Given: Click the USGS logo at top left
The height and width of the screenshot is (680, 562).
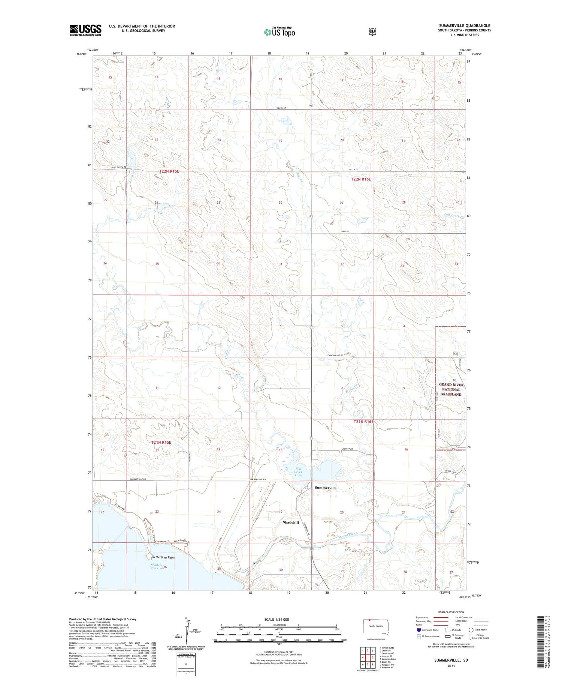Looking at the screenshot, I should click(85, 30).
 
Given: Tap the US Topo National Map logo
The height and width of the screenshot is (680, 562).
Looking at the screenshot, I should click(279, 32).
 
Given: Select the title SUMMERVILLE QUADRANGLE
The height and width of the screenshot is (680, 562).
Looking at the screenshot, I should click(465, 26).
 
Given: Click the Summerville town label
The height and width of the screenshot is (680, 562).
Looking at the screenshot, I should click(325, 488).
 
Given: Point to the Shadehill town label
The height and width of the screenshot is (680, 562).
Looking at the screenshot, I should click(291, 522).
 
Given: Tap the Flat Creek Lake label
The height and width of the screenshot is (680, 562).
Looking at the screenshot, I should click(298, 472).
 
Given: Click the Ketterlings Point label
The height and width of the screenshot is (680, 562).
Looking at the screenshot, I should click(163, 557).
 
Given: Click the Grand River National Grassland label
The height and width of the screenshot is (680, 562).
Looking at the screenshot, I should click(451, 389).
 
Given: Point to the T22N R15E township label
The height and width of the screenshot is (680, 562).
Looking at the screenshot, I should click(169, 171).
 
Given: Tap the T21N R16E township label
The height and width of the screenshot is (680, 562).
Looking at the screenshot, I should click(363, 422).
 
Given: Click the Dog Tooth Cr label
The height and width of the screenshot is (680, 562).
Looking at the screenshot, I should click(454, 216).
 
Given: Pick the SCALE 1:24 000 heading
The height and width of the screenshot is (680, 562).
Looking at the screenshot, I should click(279, 619).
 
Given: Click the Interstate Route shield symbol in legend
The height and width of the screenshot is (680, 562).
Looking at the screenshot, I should click(419, 630).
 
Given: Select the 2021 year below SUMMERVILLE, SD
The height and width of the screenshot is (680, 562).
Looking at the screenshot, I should click(451, 666).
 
